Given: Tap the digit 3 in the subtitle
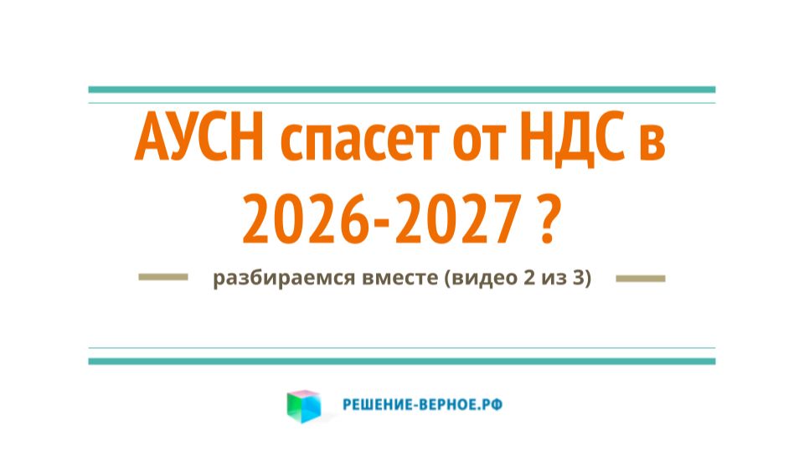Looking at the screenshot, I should (x=577, y=279).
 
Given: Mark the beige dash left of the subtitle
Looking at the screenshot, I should (x=162, y=278).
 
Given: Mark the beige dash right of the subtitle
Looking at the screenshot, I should (x=641, y=278).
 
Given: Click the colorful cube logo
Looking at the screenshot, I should (x=303, y=406).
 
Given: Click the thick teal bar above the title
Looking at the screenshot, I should (x=402, y=89).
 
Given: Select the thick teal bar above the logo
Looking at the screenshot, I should (x=402, y=361).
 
